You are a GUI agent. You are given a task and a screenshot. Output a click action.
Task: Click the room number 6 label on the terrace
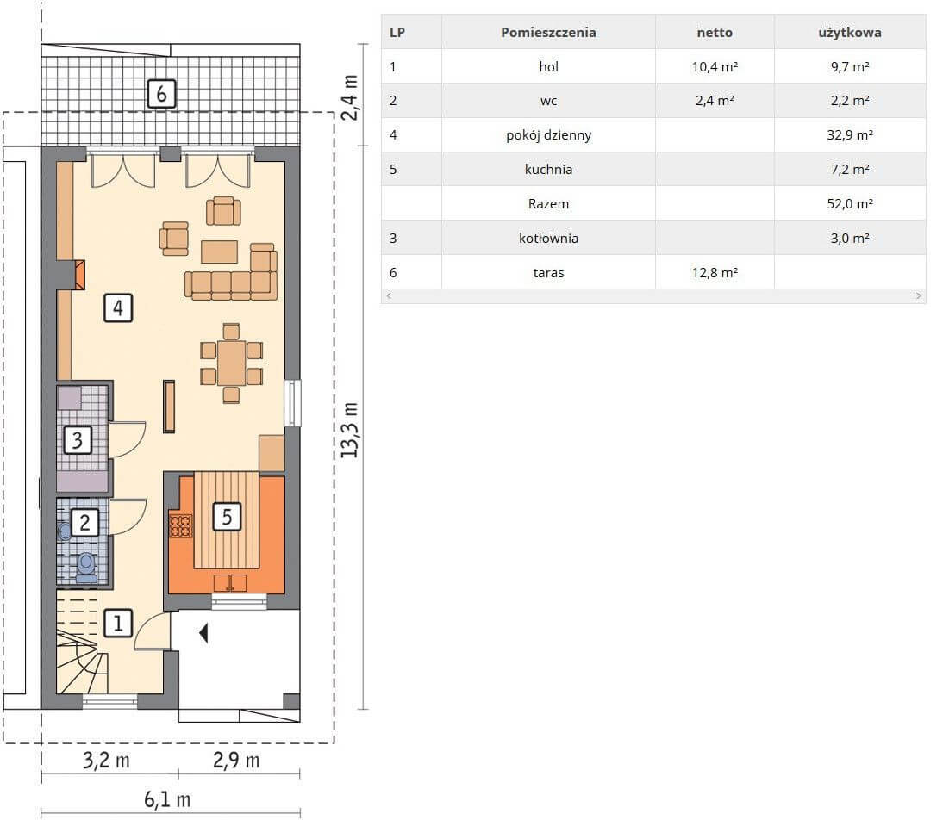(162, 94)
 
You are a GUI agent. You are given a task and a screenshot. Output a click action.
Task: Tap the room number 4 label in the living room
(118, 307)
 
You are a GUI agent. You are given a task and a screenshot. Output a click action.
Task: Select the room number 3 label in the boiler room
(78, 440)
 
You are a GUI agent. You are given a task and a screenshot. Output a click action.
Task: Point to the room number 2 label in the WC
(84, 523)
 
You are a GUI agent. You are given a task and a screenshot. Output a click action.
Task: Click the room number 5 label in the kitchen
(227, 517)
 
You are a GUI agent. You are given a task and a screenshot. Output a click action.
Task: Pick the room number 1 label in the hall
(118, 623)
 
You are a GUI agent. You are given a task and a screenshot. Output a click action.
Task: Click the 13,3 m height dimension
(350, 430)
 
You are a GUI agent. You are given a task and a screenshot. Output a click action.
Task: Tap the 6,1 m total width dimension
(167, 799)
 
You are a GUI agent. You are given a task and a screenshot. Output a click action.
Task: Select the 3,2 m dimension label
(106, 761)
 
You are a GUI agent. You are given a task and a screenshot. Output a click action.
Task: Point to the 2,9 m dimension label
(236, 761)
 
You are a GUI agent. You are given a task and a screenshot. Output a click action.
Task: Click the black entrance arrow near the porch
(204, 633)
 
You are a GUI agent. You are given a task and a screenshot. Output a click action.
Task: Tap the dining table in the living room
(232, 363)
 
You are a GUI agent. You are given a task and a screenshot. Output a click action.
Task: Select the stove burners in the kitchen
(180, 526)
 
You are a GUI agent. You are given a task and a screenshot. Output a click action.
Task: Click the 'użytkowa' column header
(850, 33)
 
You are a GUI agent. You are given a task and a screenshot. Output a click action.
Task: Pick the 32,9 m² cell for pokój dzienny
(850, 134)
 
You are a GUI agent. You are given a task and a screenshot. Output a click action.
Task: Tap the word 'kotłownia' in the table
(548, 238)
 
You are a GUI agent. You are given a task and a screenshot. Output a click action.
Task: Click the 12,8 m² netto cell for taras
(715, 272)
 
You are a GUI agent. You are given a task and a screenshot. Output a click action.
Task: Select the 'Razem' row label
(548, 204)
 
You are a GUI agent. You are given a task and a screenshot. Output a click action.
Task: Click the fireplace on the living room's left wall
(78, 275)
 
